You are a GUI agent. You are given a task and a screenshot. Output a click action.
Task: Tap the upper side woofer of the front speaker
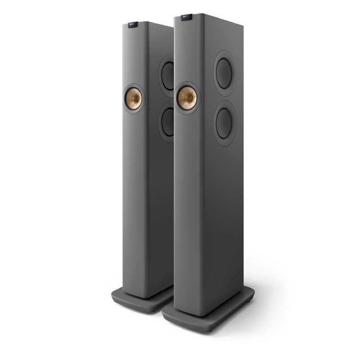(x=224, y=73)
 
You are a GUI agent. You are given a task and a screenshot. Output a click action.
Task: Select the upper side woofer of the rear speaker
(x=167, y=76)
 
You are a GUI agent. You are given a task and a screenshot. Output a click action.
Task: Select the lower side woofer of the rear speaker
(x=167, y=122)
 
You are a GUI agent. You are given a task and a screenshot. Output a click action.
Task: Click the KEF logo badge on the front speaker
(x=186, y=18)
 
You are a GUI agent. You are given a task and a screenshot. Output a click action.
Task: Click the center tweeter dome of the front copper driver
(x=188, y=98)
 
